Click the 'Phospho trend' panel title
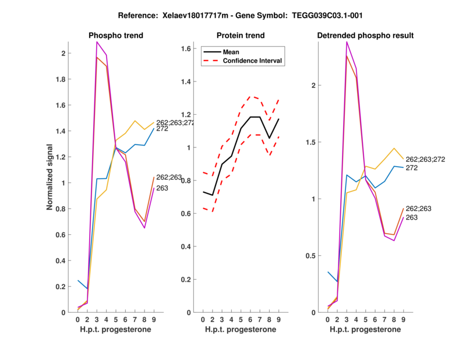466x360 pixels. point(116,36)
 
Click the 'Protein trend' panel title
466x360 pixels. point(240,36)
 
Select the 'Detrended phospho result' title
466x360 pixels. point(365,36)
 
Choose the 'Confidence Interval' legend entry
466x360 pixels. point(253,61)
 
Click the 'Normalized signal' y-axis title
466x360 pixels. point(51,177)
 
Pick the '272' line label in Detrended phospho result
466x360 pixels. point(412,168)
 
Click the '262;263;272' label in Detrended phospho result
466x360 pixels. point(426,159)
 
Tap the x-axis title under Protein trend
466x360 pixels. point(240,330)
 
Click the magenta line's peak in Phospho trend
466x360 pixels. point(97,42)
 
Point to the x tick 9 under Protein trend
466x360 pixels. point(278,319)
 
